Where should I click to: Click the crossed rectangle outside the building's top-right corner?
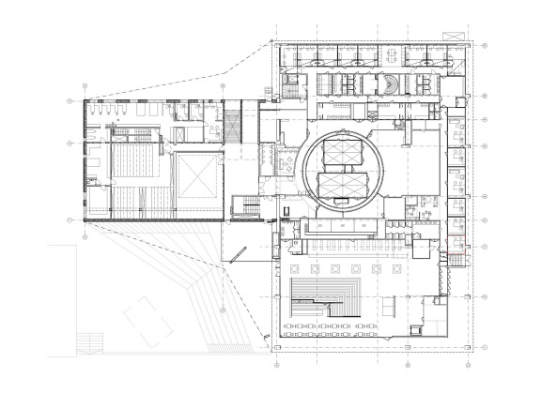point(454,33)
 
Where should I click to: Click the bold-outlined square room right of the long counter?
point(422,249)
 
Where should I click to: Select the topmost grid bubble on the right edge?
point(484,44)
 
